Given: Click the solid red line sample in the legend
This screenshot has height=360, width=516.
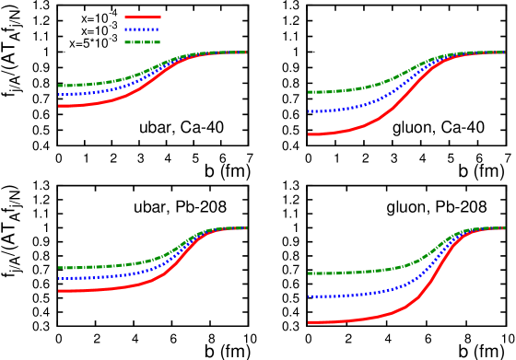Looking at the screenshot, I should [143, 17].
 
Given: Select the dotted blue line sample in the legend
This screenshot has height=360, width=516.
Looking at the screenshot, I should [143, 29].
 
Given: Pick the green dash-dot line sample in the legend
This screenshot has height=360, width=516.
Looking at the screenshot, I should [143, 42].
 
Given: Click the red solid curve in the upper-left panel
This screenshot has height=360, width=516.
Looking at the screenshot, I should [92, 103].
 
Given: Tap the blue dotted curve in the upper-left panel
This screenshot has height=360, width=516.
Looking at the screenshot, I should [92, 91].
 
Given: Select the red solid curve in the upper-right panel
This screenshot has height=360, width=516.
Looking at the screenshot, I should [350, 130].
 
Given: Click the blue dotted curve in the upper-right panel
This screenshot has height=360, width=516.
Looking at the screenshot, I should [350, 108].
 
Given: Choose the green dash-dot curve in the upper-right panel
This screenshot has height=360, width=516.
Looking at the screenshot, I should [350, 90].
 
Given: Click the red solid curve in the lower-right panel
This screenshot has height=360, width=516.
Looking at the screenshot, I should [350, 320].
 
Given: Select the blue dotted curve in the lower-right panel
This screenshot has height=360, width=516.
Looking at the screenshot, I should [350, 296].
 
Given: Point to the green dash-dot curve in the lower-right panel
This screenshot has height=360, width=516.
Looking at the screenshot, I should [350, 273].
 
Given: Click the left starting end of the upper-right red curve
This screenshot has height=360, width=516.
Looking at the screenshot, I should [309, 134].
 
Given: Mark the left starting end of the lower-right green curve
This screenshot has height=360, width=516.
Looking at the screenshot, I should [309, 273].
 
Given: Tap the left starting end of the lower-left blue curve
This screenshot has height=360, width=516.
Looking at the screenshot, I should [60, 278].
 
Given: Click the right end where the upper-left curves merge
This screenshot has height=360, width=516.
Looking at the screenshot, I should [245, 52].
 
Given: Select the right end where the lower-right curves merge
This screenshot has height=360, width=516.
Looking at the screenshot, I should [503, 228].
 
